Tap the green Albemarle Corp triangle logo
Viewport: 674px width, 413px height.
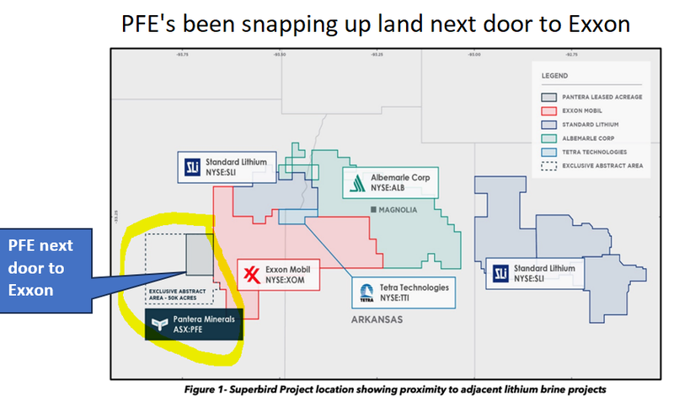[x=356, y=182]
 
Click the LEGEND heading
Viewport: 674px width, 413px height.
[x=556, y=77]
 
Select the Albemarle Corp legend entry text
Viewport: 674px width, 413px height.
[x=596, y=138]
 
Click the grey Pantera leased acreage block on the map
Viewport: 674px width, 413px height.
[x=199, y=254]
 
